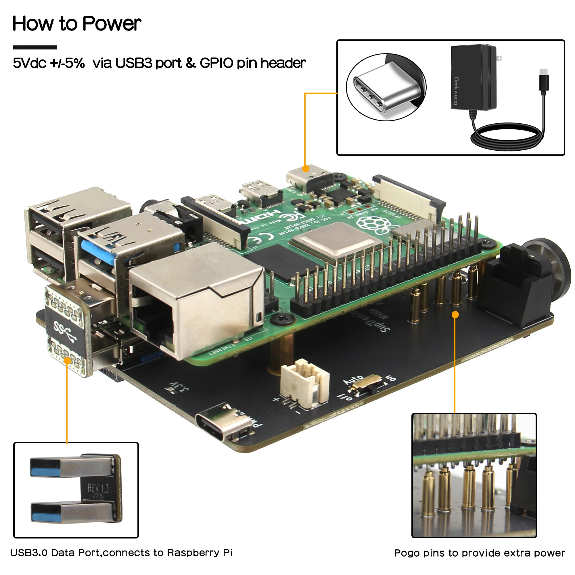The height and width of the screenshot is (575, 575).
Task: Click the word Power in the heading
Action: [111, 24]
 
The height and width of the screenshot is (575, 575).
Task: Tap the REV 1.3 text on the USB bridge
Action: [98, 488]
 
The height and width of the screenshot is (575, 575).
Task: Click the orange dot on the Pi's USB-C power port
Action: [305, 169]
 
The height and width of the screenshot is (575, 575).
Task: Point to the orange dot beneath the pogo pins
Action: [455, 315]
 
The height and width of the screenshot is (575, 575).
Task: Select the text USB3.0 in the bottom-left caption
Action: [28, 553]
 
